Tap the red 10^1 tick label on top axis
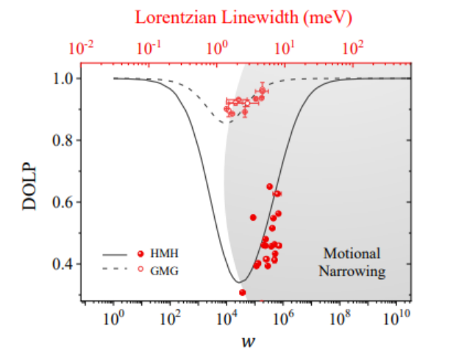pos(285,49)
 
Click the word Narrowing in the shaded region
pos(351,271)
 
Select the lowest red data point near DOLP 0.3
pos(242,292)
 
